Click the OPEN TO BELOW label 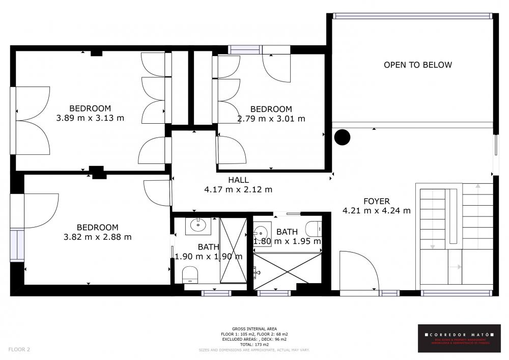(417, 65)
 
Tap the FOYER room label (377, 201)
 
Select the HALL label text (238, 180)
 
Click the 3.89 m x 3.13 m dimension (90, 118)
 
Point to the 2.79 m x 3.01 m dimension (271, 119)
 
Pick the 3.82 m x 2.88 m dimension (97, 237)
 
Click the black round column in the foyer (342, 136)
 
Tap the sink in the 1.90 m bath (197, 226)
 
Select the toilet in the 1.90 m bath (190, 274)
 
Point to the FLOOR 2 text (19, 349)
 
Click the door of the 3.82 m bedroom (158, 192)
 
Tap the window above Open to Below (412, 16)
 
